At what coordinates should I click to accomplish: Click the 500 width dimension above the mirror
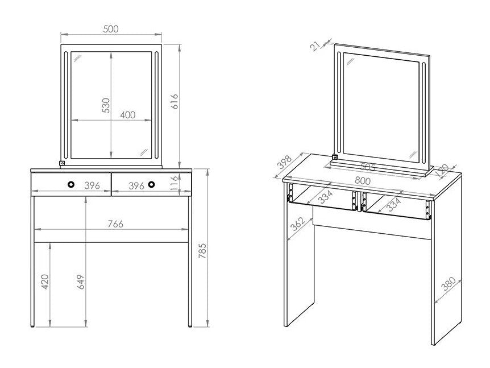coord(112,29)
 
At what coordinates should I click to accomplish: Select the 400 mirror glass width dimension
coord(128,114)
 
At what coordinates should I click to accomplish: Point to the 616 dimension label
coord(175,101)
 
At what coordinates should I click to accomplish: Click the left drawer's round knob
coord(71,184)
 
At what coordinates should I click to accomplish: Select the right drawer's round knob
coord(152,184)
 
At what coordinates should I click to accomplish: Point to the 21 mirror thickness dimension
coord(315,45)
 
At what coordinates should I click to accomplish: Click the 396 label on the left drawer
coord(93,185)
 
